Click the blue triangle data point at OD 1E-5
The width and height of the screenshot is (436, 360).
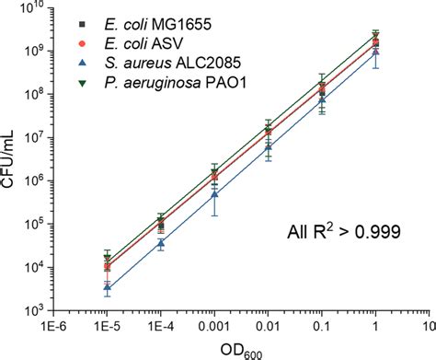coord(108,288)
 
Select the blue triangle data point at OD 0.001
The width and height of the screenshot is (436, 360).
coord(214,194)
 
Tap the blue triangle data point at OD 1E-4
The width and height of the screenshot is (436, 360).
coord(161,243)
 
